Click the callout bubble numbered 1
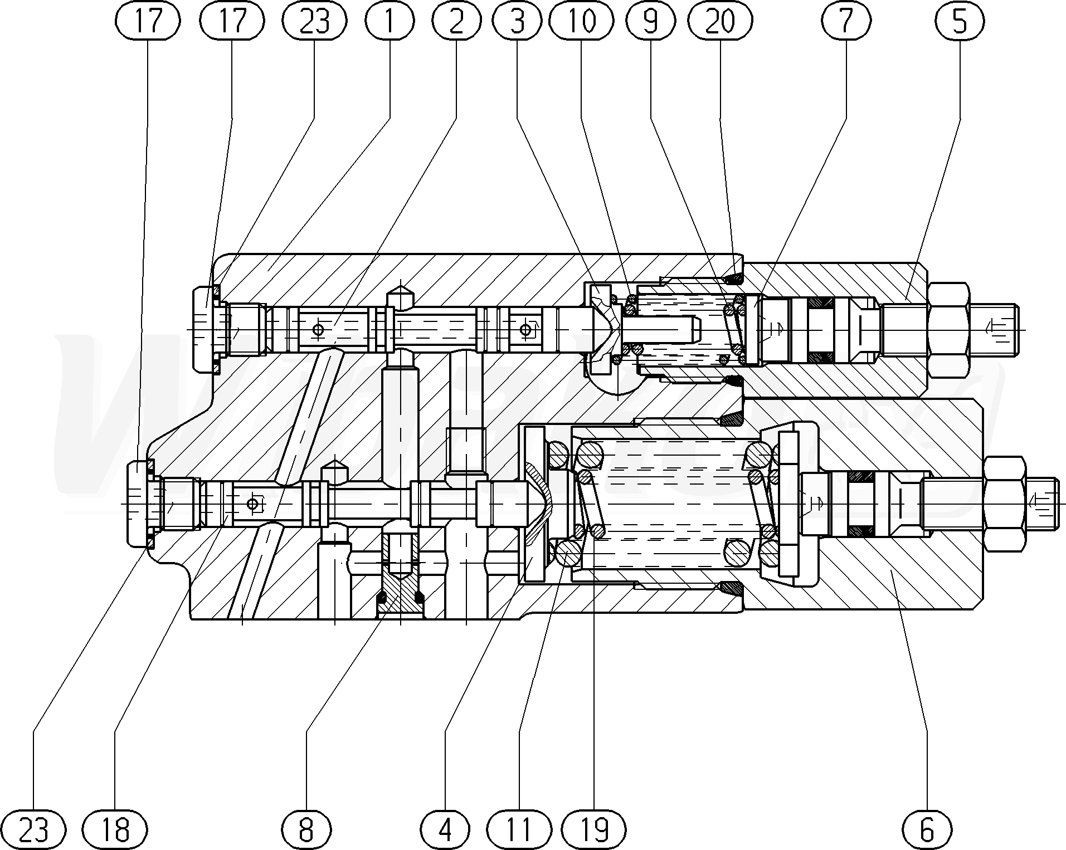[x=390, y=21]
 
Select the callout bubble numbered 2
[x=456, y=21]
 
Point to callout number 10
[x=581, y=21]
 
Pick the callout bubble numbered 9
[x=650, y=21]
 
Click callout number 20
[x=720, y=21]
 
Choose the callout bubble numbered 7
[x=846, y=21]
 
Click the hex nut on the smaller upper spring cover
[x=948, y=329]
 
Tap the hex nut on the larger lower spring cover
[x=1004, y=504]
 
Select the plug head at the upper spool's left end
[x=205, y=329]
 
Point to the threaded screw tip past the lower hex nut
[x=1041, y=504]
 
